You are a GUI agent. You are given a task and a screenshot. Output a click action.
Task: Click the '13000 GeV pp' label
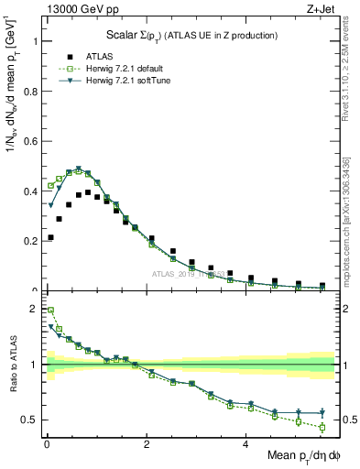point(76,7)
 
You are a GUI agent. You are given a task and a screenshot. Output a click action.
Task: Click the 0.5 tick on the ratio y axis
point(34,420)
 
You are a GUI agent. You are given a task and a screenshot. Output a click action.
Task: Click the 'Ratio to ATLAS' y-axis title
point(13,365)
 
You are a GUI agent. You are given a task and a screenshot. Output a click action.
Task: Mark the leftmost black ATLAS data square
point(50,237)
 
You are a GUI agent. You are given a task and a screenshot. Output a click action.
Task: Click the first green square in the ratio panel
point(50,310)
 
